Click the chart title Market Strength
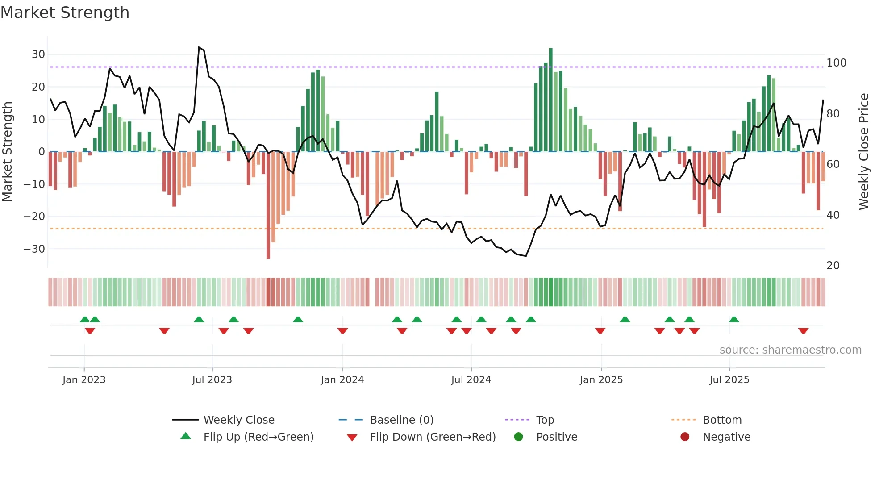click(x=65, y=13)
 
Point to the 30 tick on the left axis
click(x=38, y=54)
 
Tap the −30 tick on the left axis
click(x=34, y=249)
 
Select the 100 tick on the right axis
click(x=836, y=63)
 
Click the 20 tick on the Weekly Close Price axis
click(x=833, y=266)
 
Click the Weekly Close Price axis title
click(x=864, y=152)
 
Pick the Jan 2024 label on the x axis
click(x=342, y=380)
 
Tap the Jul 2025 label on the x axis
click(x=729, y=380)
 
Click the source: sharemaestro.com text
click(x=790, y=350)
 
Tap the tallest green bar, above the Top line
click(x=550, y=98)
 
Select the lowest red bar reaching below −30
click(x=268, y=205)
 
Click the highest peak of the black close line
click(x=199, y=47)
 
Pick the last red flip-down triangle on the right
click(x=803, y=331)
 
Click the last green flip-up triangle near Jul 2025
click(x=734, y=319)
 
